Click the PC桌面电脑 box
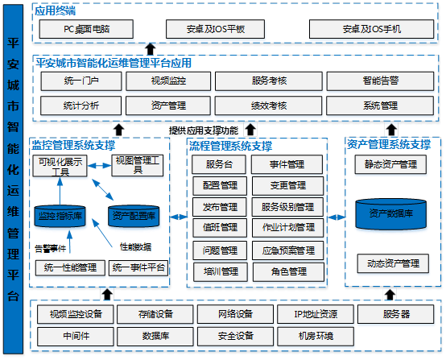(x=86, y=29)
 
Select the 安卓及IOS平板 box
(x=215, y=29)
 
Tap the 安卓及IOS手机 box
(x=371, y=29)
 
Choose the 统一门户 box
(x=81, y=81)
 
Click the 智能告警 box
(x=380, y=81)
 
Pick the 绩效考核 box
(x=269, y=106)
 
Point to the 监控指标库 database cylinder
(x=60, y=216)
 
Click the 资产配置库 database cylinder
(x=134, y=216)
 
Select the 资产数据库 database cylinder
(x=390, y=214)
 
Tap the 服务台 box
(x=219, y=164)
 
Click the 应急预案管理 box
(x=288, y=250)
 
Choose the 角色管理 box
(x=288, y=271)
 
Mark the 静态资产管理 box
(x=390, y=164)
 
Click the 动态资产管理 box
(x=393, y=263)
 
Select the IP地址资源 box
(x=316, y=314)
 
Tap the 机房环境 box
(x=316, y=337)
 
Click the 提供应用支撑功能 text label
(x=204, y=130)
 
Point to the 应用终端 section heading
(x=56, y=10)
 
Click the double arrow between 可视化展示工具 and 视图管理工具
(x=99, y=166)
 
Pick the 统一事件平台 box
(x=138, y=268)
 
